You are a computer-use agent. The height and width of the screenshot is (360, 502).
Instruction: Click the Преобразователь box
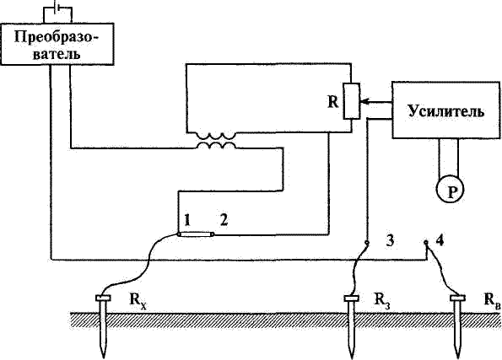(57, 44)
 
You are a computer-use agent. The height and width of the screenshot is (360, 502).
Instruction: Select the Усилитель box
(446, 110)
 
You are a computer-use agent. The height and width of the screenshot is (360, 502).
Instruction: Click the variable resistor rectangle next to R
(352, 101)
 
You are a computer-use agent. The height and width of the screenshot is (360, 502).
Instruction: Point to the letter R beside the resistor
(333, 102)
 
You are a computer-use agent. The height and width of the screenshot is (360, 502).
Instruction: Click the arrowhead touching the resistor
(364, 102)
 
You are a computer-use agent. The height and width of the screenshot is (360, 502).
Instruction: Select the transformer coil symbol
(216, 141)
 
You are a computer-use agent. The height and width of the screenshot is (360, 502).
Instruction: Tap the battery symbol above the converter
(57, 7)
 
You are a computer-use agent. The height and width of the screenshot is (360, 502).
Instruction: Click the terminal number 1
(187, 221)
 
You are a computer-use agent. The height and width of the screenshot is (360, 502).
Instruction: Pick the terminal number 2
(224, 220)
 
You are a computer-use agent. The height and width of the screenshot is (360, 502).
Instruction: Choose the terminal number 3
(390, 240)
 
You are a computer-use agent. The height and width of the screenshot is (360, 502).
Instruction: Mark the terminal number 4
(440, 240)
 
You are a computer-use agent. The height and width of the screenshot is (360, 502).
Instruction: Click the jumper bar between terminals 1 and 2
(196, 234)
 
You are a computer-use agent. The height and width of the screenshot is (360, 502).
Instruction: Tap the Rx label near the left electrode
(138, 300)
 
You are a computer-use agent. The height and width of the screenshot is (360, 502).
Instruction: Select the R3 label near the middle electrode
(382, 300)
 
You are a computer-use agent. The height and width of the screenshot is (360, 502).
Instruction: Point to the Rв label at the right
(492, 300)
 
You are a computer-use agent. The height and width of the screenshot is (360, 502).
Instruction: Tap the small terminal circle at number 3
(367, 243)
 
